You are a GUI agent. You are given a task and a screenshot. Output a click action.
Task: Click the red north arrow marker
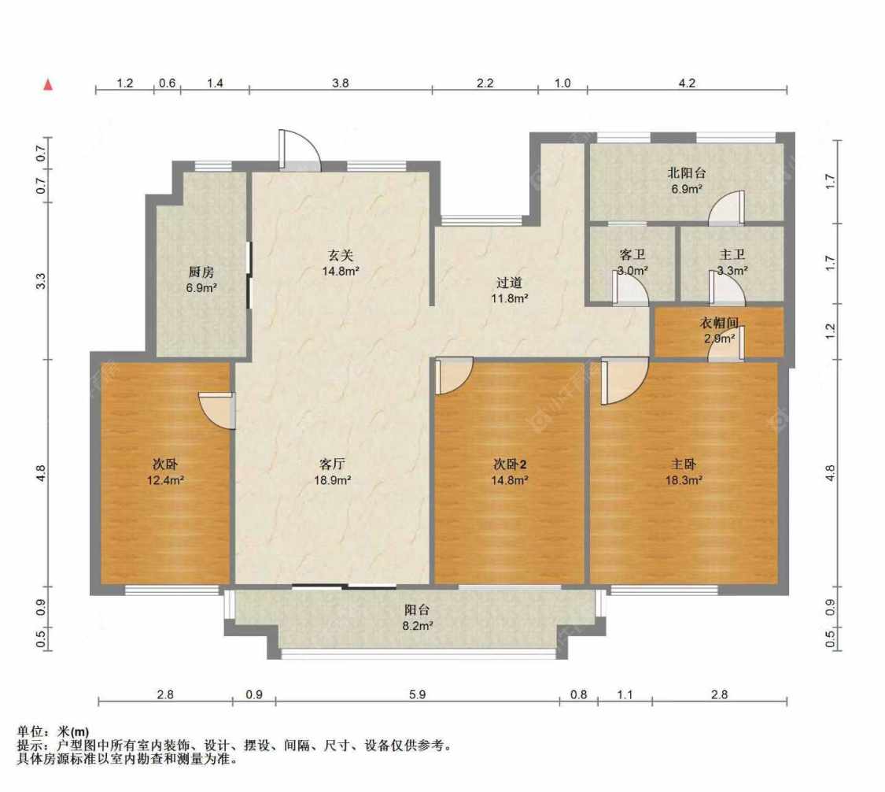tap(49, 85)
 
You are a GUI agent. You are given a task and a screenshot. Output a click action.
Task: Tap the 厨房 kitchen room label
tap(201, 272)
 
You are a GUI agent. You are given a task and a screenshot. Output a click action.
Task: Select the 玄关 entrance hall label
tap(341, 255)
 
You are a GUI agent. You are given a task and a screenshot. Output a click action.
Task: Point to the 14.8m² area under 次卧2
tap(510, 481)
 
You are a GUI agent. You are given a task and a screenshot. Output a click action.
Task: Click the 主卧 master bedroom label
tap(684, 464)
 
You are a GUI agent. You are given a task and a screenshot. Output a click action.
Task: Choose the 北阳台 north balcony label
tap(686, 173)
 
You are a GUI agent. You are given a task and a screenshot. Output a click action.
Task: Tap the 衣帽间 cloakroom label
tap(719, 323)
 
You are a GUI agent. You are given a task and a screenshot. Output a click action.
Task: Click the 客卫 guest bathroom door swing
tap(630, 288)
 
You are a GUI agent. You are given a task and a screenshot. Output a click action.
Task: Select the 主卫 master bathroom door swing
tap(727, 288)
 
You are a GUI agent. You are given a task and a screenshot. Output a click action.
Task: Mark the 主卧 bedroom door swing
tap(625, 381)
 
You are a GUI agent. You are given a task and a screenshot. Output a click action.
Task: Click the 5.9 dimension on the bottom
tap(417, 694)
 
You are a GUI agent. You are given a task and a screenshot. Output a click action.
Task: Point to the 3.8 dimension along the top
tap(341, 83)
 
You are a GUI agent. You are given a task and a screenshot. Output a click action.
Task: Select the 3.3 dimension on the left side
tap(41, 281)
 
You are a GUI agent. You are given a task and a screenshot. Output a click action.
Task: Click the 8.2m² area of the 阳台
tap(418, 626)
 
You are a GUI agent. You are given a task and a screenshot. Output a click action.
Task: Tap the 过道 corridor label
tap(509, 283)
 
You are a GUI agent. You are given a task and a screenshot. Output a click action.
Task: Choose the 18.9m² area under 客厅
tap(333, 481)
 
